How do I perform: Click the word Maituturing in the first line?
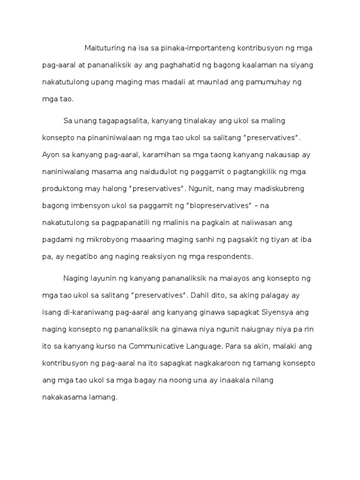point(104,48)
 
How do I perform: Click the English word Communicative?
point(155,346)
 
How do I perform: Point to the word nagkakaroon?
point(219,363)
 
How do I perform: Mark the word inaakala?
point(231,380)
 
